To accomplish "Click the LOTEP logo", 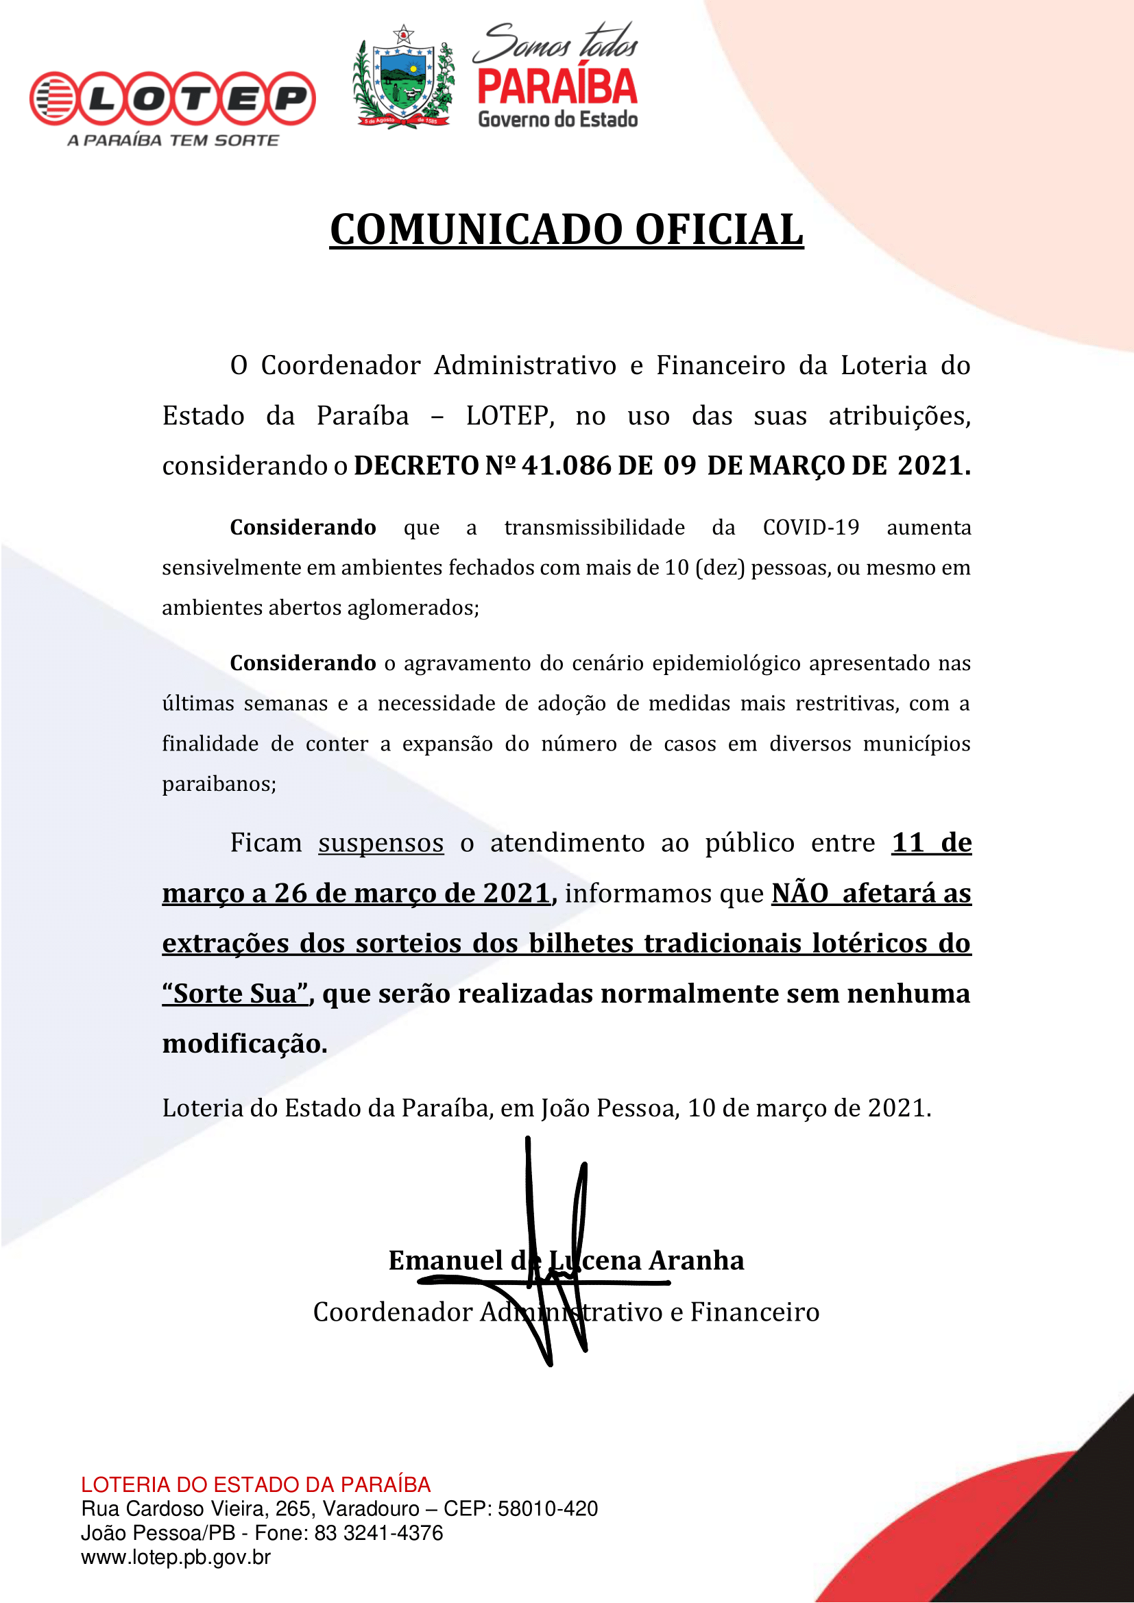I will click(173, 99).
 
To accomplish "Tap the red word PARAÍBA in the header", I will click(557, 87).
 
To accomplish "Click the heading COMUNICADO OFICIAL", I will click(566, 230).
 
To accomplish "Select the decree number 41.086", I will click(566, 465).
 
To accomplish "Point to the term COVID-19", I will click(810, 527).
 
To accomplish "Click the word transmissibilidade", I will click(594, 527).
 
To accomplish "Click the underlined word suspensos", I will click(381, 843).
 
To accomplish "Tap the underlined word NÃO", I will click(799, 893).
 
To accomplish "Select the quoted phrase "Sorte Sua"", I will click(235, 994).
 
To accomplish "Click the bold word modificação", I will click(244, 1044).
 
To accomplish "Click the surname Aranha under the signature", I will click(696, 1260).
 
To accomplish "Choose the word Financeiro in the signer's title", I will click(755, 1312).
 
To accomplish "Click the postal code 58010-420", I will click(548, 1508).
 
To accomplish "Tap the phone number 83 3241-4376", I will click(379, 1532).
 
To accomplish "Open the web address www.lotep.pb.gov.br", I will click(176, 1557).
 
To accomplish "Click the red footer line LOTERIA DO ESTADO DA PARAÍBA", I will click(256, 1484).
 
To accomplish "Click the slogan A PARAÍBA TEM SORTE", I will click(173, 140).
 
